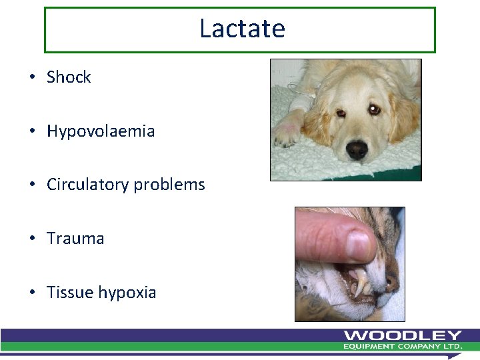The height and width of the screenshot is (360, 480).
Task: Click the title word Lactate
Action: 242,29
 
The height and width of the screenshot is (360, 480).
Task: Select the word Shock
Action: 69,77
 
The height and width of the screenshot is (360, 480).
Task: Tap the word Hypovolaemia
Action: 101,131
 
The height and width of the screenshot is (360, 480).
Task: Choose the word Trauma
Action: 75,239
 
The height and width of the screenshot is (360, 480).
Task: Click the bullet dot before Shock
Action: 32,78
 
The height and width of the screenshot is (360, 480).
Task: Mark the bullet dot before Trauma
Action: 32,239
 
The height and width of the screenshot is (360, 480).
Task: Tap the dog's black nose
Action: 357,149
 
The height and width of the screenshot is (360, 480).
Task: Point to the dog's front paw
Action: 287,133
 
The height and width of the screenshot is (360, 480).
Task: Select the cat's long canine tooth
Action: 361,283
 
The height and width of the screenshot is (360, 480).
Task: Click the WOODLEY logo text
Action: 403,335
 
